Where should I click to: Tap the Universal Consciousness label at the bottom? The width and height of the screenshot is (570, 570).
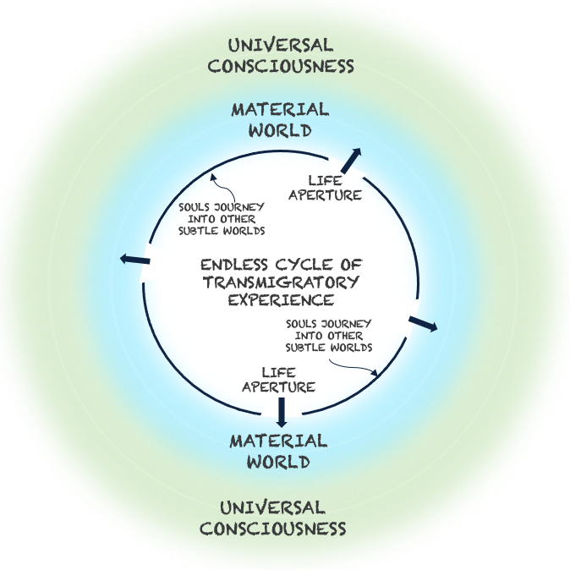[284, 518]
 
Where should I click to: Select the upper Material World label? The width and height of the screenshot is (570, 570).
[280, 120]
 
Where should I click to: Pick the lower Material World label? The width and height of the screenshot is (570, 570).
[278, 452]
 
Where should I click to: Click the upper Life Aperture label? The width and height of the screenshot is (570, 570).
[326, 188]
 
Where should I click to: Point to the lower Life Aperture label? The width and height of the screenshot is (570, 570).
[278, 380]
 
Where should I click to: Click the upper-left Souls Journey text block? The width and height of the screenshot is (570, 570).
[222, 218]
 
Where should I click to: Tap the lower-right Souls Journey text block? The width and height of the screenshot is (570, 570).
[329, 335]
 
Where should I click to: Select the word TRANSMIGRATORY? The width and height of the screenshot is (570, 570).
[281, 282]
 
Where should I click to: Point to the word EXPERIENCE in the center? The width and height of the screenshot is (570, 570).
[281, 299]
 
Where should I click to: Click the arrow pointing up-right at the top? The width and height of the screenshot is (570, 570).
[351, 158]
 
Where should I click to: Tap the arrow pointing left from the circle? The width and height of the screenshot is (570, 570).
[135, 259]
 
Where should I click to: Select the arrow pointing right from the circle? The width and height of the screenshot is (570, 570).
[423, 324]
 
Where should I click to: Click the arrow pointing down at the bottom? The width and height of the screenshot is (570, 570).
[282, 412]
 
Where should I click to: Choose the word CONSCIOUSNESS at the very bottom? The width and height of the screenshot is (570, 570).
[284, 529]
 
